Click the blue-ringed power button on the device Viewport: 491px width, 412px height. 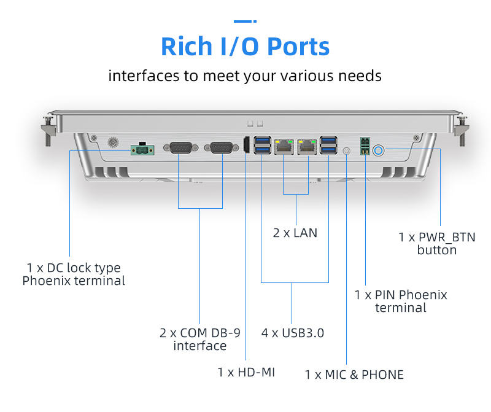click(x=378, y=150)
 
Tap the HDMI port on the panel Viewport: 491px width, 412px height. click(x=247, y=145)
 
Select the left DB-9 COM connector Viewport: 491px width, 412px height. click(x=180, y=147)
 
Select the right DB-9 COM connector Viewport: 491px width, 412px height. click(x=222, y=147)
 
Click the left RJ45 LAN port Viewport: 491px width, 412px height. click(x=284, y=147)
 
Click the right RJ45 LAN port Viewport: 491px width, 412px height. click(x=307, y=147)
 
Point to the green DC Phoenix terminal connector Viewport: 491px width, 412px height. click(x=142, y=149)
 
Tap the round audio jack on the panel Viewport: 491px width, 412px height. click(x=346, y=150)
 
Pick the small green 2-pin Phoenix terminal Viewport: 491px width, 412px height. click(x=365, y=146)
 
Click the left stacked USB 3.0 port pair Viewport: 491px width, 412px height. click(x=263, y=145)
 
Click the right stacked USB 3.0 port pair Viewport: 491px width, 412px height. click(x=328, y=145)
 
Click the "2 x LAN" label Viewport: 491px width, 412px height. click(x=295, y=233)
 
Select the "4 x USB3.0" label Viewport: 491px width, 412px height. click(x=293, y=333)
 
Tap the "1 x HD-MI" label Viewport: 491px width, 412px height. click(x=246, y=372)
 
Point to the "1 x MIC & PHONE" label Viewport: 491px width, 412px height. click(x=354, y=375)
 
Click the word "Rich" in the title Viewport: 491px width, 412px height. click(x=187, y=47)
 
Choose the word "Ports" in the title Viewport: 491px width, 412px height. click(x=299, y=47)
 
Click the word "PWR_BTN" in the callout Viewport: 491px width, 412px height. click(x=447, y=238)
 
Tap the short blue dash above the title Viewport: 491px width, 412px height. click(x=245, y=21)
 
